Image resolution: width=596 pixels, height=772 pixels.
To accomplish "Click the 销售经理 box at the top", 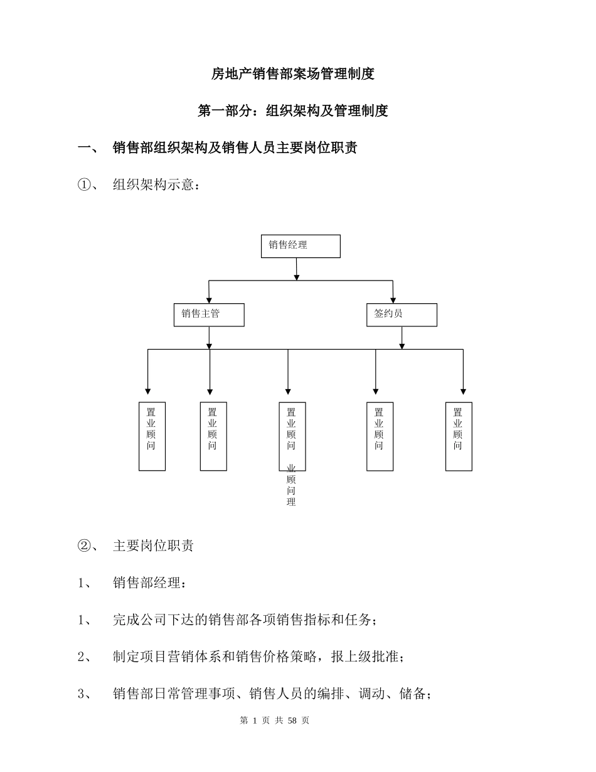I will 301,246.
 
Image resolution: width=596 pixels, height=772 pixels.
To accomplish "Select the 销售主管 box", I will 209,315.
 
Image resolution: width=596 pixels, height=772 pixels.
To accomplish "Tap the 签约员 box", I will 402,315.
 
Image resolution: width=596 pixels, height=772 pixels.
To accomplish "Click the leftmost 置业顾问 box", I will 152,436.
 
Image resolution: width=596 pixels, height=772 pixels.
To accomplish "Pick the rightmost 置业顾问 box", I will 459,436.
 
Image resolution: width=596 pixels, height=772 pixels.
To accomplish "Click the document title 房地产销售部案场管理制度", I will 293,74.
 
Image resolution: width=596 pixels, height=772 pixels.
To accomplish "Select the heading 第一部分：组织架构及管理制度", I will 293,111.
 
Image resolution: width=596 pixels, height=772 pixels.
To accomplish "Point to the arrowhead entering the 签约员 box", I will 393,301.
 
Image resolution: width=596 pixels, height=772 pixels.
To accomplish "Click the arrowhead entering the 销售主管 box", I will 209,301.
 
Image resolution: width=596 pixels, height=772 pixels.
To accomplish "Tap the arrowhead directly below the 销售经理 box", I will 297,277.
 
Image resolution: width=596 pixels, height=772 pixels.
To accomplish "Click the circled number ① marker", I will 85,185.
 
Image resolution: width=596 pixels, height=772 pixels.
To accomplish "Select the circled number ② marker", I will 85,545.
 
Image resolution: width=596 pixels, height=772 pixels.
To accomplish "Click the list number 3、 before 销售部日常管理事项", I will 85,694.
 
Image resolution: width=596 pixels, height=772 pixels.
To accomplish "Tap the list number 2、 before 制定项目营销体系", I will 85,657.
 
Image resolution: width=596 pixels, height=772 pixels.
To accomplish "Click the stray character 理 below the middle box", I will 291,502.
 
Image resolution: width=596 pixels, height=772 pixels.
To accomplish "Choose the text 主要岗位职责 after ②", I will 153,545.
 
